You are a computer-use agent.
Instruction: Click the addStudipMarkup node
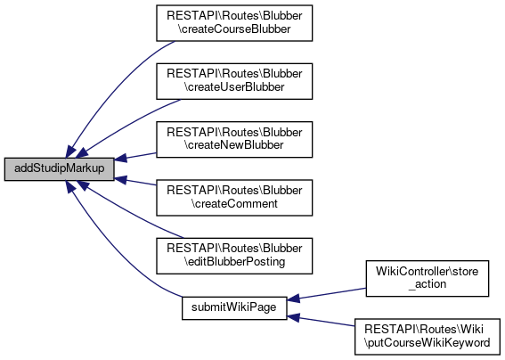pyautogui.click(x=60, y=169)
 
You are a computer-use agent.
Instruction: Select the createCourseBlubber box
pyautogui.click(x=234, y=23)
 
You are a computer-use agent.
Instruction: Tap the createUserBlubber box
pyautogui.click(x=234, y=81)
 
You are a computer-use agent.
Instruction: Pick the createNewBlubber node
pyautogui.click(x=234, y=140)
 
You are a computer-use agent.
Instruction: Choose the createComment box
pyautogui.click(x=234, y=198)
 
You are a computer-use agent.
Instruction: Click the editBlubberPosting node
pyautogui.click(x=234, y=256)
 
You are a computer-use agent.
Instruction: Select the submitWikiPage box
pyautogui.click(x=234, y=308)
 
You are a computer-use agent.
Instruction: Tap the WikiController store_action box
pyautogui.click(x=427, y=278)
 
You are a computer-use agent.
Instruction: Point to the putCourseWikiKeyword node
pyautogui.click(x=427, y=337)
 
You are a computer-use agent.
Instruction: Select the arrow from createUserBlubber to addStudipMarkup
pyautogui.click(x=126, y=124)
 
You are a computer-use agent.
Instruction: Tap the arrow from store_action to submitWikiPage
pyautogui.click(x=326, y=294)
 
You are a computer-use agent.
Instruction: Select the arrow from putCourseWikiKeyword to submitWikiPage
pyautogui.click(x=321, y=322)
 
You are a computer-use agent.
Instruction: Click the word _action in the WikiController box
pyautogui.click(x=427, y=284)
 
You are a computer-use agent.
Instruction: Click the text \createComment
pyautogui.click(x=234, y=204)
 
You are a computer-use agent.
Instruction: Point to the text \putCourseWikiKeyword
pyautogui.click(x=427, y=342)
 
